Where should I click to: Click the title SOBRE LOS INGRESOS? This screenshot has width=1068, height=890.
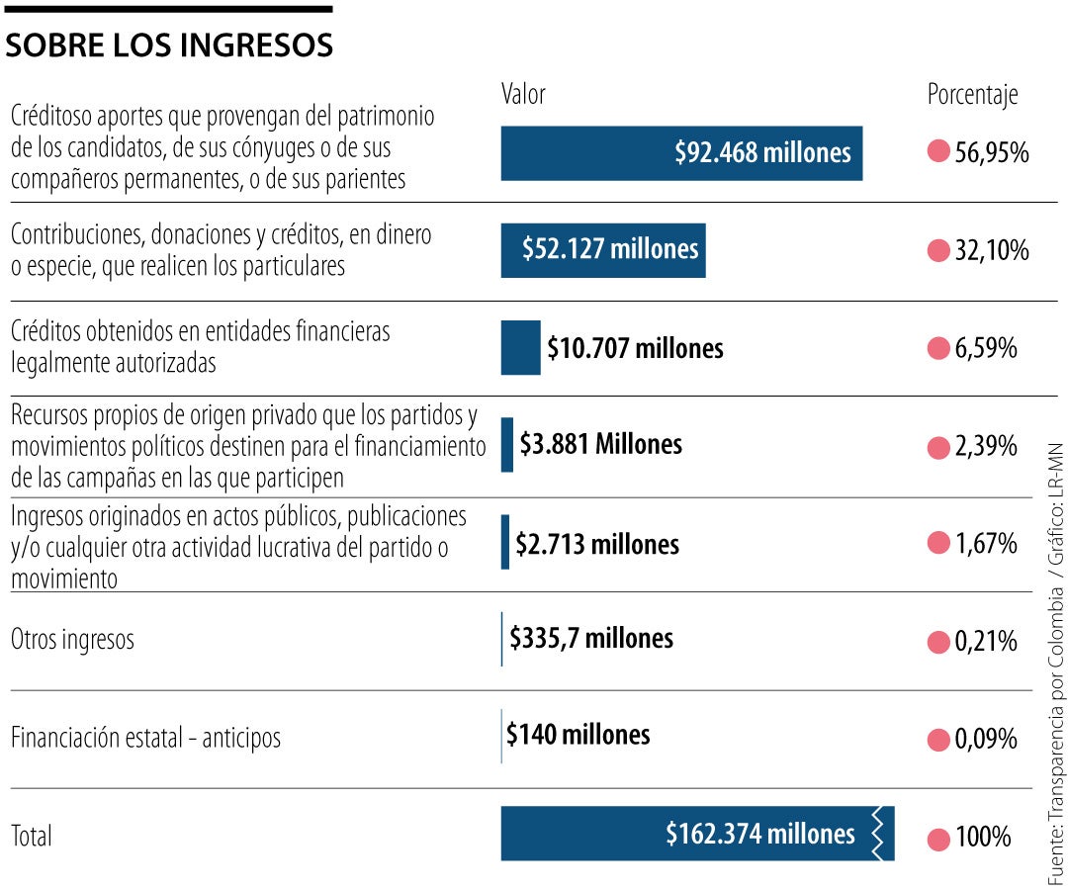pos(169,45)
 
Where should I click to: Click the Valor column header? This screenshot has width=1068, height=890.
pos(523,95)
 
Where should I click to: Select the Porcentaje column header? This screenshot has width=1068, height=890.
pos(972,95)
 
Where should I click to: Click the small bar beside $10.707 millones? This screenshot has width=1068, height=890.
pos(520,348)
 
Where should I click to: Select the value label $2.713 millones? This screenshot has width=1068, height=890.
pos(596,544)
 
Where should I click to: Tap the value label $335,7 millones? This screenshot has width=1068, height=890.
pos(591,639)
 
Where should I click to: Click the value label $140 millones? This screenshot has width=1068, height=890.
pos(578,735)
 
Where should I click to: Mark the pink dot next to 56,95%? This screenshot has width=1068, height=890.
pos(938,153)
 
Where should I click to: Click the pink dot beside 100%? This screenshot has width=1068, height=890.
pos(938,839)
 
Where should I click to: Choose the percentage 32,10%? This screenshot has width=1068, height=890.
pos(991,251)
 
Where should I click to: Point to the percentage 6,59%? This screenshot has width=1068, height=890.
pos(985,349)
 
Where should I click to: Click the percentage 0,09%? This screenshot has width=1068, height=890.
pos(985,740)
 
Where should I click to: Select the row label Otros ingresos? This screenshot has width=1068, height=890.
pos(72,640)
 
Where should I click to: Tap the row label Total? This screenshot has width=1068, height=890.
pos(32,837)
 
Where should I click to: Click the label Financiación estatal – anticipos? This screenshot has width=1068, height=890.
pos(145,739)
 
